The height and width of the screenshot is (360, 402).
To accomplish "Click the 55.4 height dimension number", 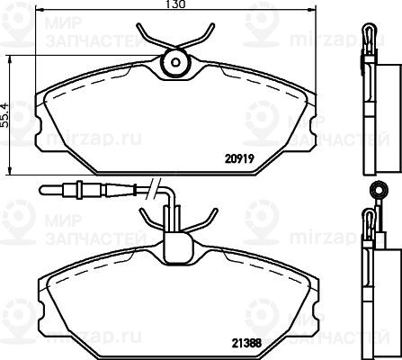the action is tap(5, 115).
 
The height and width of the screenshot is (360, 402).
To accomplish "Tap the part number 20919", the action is tap(239, 158).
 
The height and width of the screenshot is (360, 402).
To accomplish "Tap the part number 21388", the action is tap(246, 343).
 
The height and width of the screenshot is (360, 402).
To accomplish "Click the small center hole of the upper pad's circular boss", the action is tap(175, 62).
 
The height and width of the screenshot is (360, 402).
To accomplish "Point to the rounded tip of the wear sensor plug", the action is tap(42, 190).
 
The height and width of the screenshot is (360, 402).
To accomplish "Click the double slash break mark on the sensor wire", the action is tap(154, 188).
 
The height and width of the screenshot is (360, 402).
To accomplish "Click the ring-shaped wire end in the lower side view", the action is tap(379, 189).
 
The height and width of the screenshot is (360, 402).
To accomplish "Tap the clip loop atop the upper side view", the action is tap(369, 32).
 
